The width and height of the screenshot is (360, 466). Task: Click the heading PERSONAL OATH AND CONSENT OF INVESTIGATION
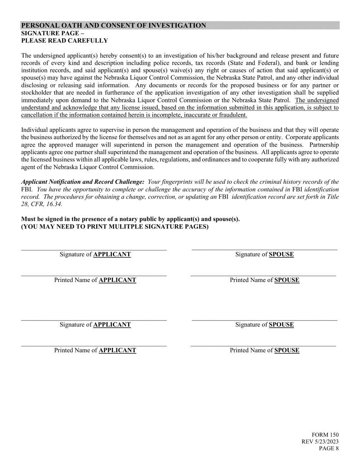(x=114, y=25)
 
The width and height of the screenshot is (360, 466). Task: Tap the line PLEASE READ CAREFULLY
(x=64, y=41)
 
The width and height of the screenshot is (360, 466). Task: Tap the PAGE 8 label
(x=329, y=449)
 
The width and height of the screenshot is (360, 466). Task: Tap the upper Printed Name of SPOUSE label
(x=265, y=280)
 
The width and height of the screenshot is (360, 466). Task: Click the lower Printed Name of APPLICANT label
(x=95, y=350)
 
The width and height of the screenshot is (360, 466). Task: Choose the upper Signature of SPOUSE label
(x=265, y=254)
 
